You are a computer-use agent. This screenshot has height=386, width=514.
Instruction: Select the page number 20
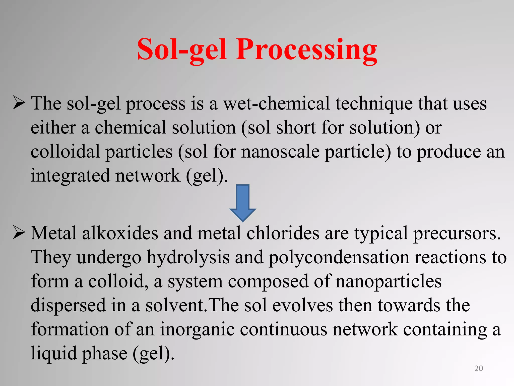coord(479,368)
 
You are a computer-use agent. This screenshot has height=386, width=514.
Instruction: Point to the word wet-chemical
coord(276,104)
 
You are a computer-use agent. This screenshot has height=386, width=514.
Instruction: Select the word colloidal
coord(65,152)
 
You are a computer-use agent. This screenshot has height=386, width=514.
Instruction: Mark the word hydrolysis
coord(188,258)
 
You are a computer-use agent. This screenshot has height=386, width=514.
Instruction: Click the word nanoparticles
coord(388,281)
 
